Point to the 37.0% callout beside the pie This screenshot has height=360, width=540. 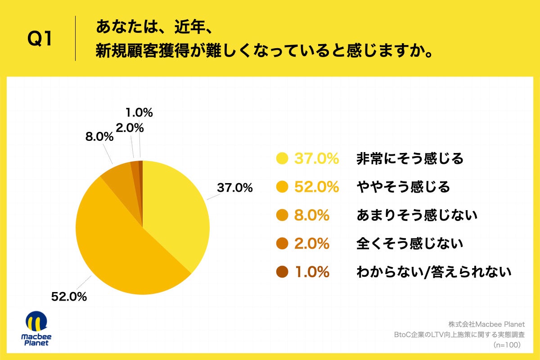coord(234,188)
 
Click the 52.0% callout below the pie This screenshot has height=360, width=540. coord(69,297)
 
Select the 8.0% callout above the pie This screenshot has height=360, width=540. coord(99,137)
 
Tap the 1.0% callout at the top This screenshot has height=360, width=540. coord(139,112)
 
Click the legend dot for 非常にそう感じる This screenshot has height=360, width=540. coord(282,158)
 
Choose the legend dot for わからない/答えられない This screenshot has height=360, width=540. coord(282,272)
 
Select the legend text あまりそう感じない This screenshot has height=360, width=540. coord(416,215)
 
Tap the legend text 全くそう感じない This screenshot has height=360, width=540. coord(409,243)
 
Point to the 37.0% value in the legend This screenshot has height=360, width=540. coord(316,158)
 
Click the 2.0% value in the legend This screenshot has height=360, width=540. coord(312,243)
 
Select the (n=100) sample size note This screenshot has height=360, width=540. coord(507,345)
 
